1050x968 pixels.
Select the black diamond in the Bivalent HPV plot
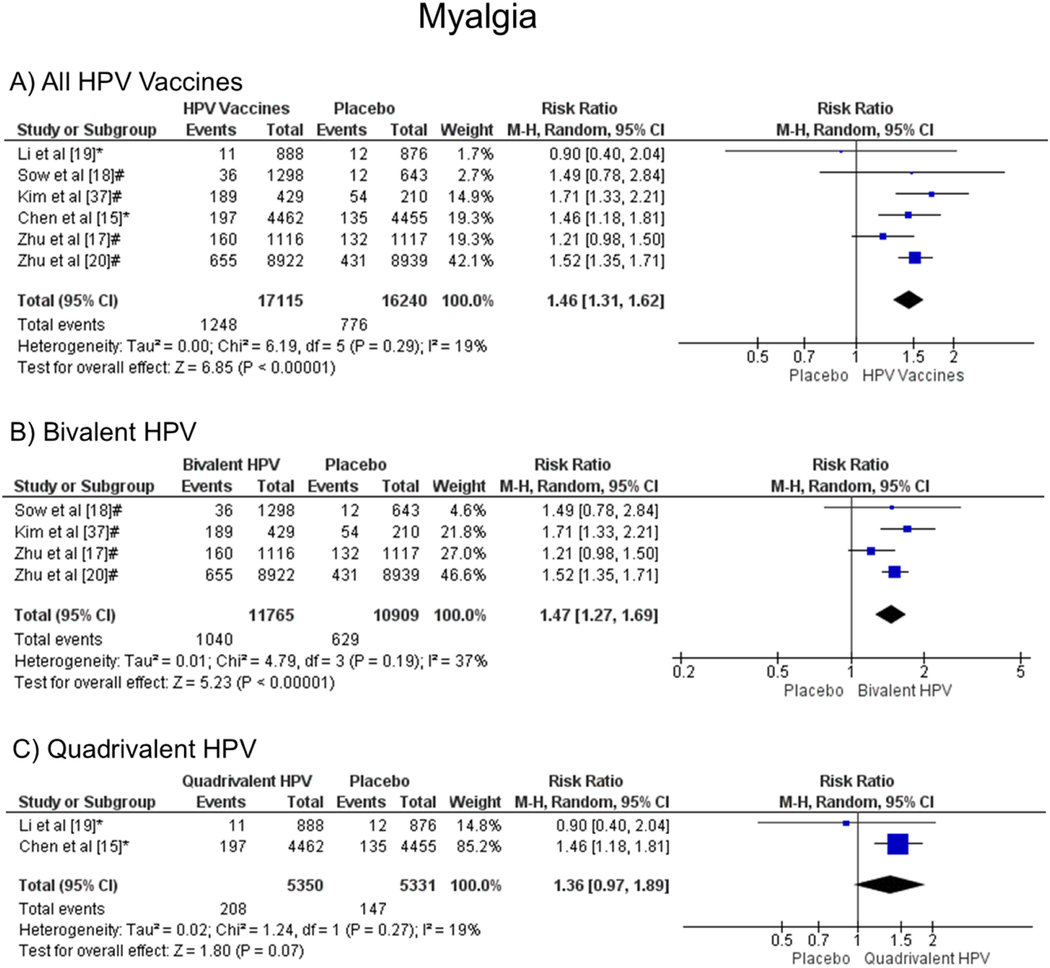coord(890,614)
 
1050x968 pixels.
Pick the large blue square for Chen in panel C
coord(898,844)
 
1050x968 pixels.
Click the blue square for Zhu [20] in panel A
coord(914,258)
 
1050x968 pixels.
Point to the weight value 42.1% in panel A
coord(470,261)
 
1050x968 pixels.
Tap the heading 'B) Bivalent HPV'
coord(103,432)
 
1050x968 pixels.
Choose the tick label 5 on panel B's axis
coord(1020,672)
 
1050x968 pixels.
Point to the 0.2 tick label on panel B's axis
coord(683,672)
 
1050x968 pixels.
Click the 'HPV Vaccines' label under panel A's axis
coord(913,376)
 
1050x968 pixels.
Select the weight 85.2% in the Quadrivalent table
coord(478,846)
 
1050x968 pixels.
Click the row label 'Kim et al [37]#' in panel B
coord(66,532)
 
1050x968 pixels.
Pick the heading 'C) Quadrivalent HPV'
coord(134,749)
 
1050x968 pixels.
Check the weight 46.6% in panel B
coord(463,575)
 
